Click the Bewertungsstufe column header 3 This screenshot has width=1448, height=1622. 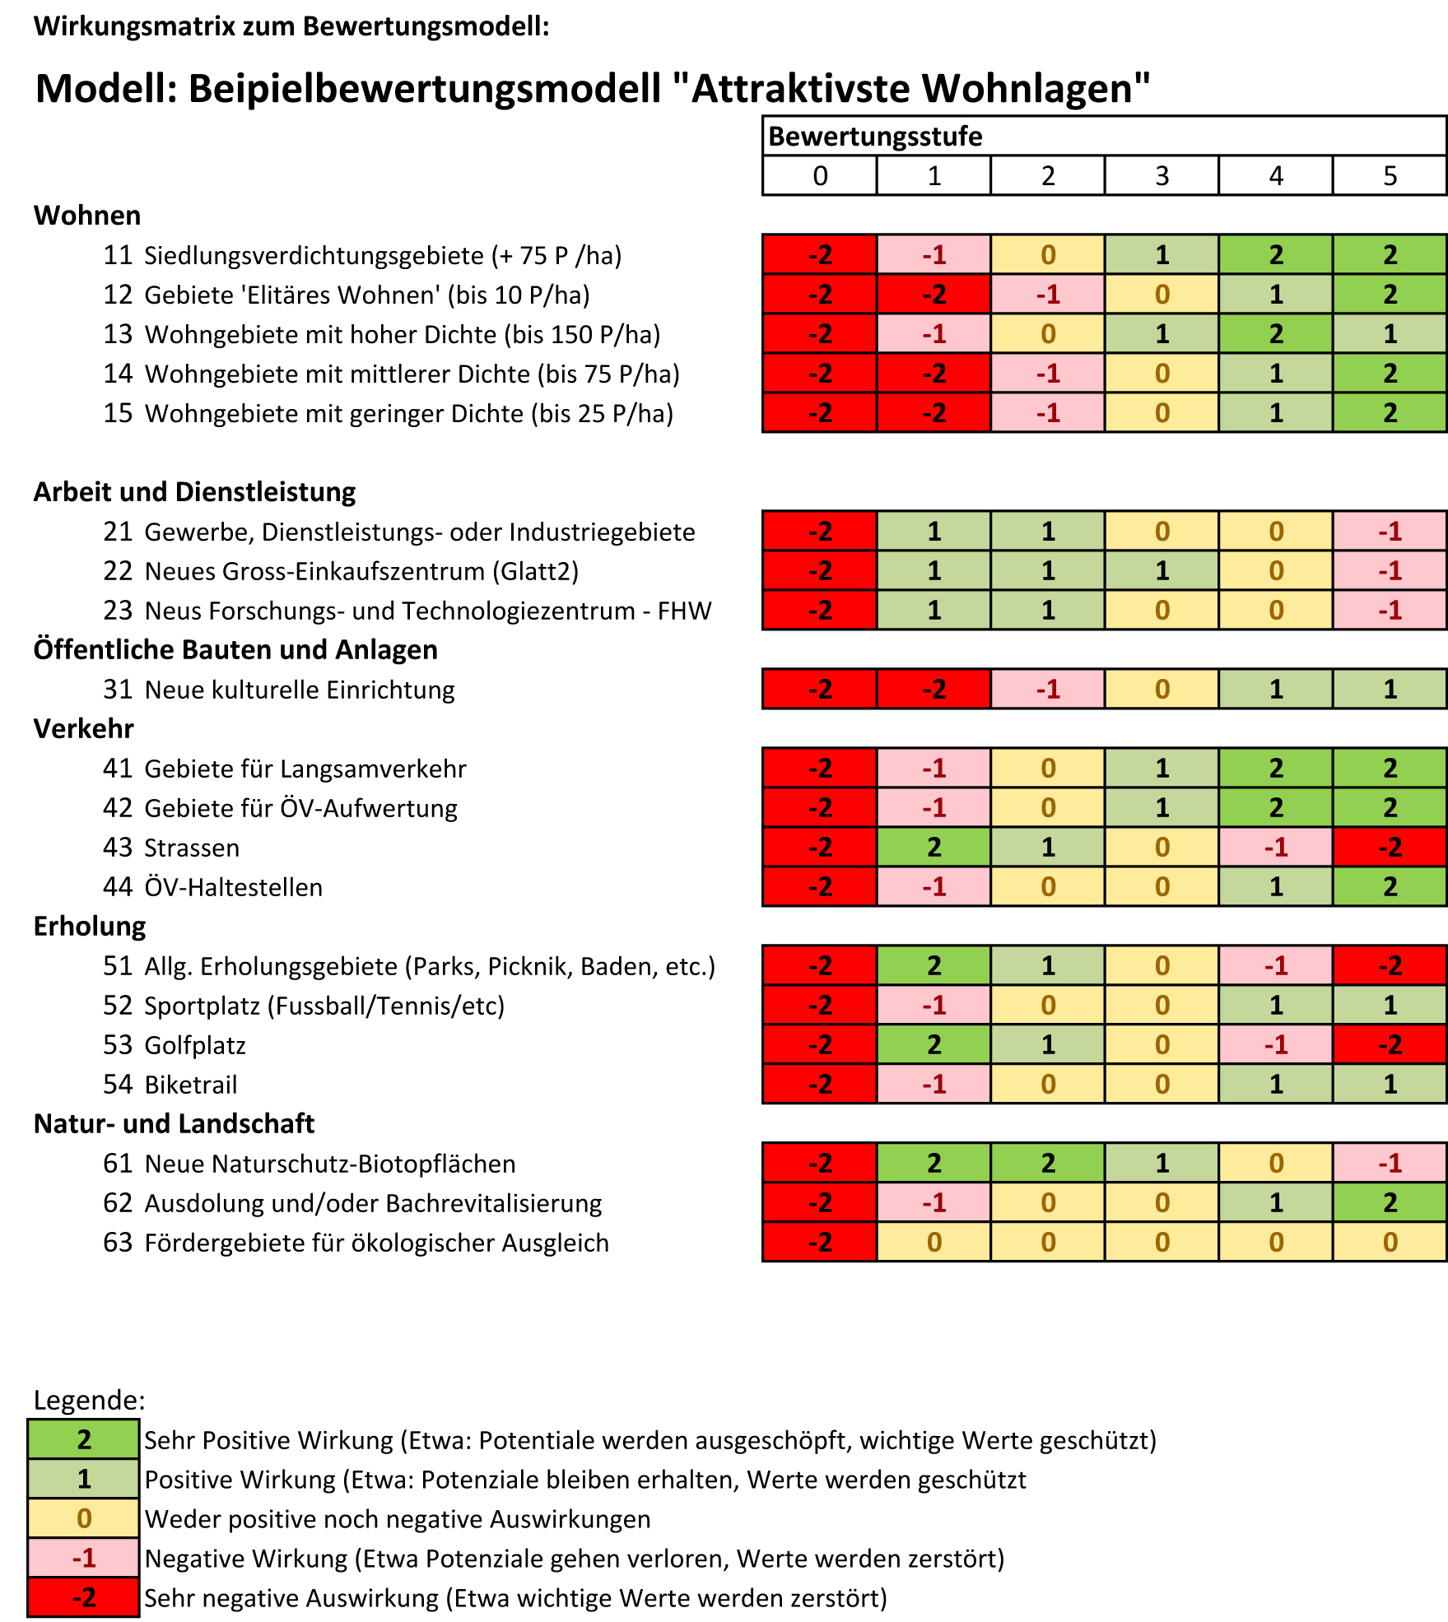point(1162,176)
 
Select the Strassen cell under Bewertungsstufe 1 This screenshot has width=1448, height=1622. point(934,848)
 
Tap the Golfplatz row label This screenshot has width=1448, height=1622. point(195,1045)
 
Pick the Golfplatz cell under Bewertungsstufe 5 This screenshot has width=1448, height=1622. point(1390,1045)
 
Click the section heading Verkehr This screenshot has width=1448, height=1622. point(83,729)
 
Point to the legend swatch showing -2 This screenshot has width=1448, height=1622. point(83,1598)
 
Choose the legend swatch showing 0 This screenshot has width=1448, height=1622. point(83,1519)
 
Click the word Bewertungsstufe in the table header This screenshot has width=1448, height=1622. point(875,137)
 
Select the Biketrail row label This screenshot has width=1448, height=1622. point(191,1085)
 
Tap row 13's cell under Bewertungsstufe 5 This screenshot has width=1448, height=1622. point(1390,334)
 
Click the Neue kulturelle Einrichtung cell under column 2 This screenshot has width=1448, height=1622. point(1047,690)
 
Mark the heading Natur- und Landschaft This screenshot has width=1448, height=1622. point(174,1124)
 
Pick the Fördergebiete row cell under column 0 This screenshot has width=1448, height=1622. point(820,1243)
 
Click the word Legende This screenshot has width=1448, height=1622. point(89,1400)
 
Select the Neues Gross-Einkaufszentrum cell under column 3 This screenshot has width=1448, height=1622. point(1162,571)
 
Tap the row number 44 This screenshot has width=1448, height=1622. point(118,887)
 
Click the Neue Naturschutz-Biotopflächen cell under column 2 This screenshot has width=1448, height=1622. point(1047,1164)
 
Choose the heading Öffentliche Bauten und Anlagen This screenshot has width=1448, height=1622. point(235,650)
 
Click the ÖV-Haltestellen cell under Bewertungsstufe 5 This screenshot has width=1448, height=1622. point(1390,887)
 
